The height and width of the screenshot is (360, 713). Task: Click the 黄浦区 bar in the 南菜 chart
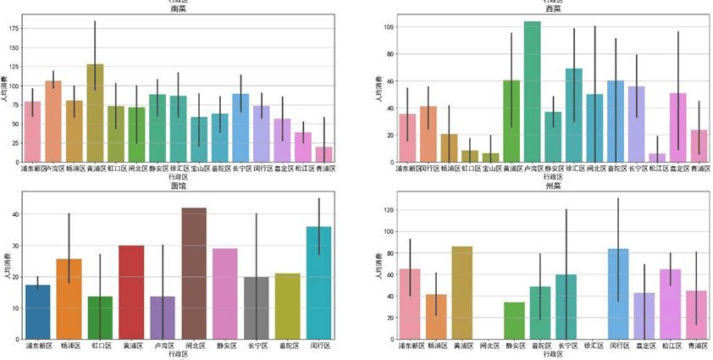tap(95, 114)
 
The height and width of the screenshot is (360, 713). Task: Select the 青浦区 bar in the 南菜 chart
tap(323, 154)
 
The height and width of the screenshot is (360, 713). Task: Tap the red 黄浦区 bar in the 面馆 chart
tap(131, 292)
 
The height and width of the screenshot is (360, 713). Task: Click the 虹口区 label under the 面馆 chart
tap(100, 346)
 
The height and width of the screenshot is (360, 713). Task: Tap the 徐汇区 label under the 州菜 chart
tap(593, 346)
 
